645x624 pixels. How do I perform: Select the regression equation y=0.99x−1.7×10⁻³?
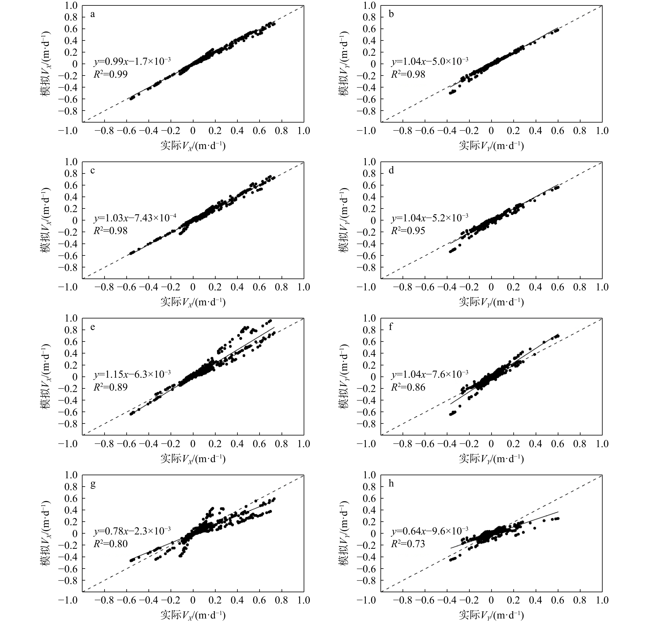click(132, 61)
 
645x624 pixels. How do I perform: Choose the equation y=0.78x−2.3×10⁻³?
click(132, 531)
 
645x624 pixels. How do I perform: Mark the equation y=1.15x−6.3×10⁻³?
click(132, 374)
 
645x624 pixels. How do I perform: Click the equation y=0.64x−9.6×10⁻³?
click(429, 531)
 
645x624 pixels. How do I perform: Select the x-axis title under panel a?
click(193, 146)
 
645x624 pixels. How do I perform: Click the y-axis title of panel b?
click(344, 64)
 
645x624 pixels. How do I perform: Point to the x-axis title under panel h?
click(491, 615)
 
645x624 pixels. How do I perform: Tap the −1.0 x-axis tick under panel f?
click(366, 444)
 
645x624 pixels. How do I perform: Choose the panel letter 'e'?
click(93, 327)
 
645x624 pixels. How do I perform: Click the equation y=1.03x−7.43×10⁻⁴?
click(135, 218)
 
